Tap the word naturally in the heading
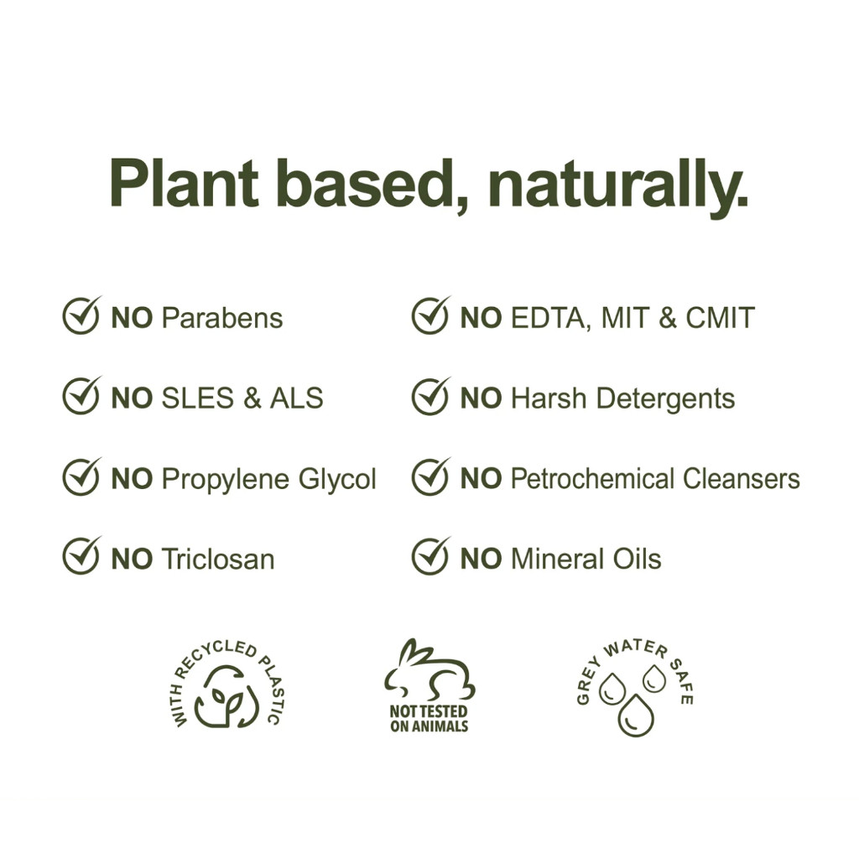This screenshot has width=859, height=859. point(617,188)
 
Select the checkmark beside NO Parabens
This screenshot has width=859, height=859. point(81,315)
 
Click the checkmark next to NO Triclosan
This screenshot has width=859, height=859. point(81,555)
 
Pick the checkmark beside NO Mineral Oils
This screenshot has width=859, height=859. point(431,555)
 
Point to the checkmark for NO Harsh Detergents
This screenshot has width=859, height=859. point(431,396)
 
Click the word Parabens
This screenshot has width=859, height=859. point(221,318)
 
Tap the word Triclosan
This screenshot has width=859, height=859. point(218,560)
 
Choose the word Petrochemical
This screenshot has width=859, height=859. point(592,479)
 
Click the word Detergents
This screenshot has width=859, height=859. point(665,399)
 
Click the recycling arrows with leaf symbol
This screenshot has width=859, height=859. point(226,697)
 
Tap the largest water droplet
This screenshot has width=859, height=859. point(636,716)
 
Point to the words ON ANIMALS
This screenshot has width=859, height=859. point(429,726)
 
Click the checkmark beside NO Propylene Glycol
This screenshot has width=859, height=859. point(81,476)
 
